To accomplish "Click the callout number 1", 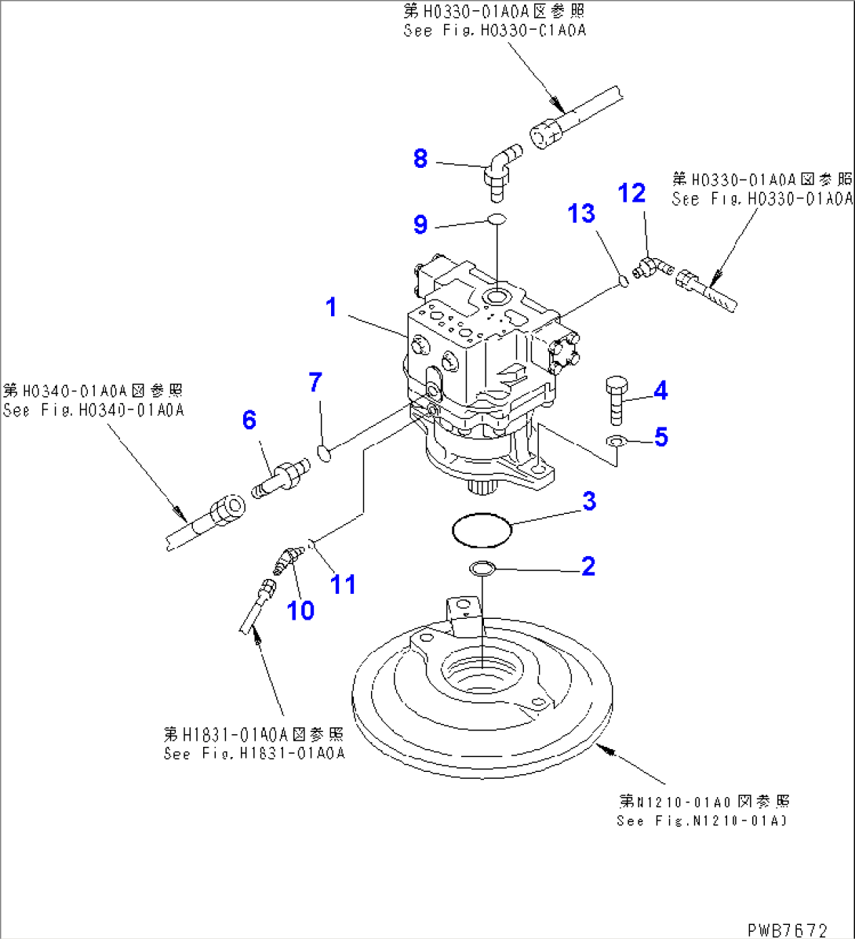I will [x=331, y=308].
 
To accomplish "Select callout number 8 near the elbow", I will [x=420, y=159].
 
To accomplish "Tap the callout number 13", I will [x=581, y=213].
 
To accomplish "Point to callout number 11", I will [x=343, y=584].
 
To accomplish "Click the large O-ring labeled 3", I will [x=482, y=530].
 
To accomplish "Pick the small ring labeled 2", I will [x=481, y=568].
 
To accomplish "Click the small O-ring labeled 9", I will [x=497, y=220].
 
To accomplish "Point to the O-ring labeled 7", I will [x=324, y=450].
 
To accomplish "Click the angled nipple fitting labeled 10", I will [x=284, y=559].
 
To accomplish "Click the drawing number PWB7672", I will [x=786, y=930].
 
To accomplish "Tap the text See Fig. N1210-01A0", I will [x=701, y=821].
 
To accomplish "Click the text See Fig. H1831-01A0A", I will [x=253, y=754].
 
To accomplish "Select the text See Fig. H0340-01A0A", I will [x=93, y=410].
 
